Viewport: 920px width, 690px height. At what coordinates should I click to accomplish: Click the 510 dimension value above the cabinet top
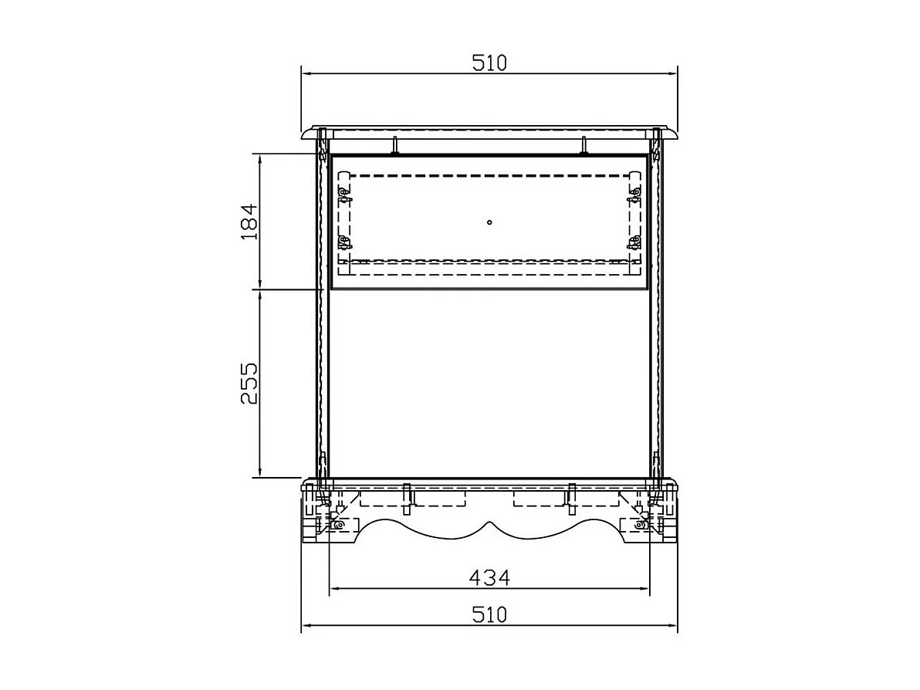click(x=489, y=63)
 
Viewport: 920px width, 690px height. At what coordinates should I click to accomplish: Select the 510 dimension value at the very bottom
click(x=489, y=615)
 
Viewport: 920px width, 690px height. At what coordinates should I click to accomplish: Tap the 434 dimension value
click(x=489, y=578)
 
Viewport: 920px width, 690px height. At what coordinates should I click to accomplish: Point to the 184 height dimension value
click(x=250, y=222)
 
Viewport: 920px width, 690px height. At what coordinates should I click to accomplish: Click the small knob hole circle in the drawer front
click(x=489, y=222)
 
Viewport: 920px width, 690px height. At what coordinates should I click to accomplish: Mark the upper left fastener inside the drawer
click(x=344, y=194)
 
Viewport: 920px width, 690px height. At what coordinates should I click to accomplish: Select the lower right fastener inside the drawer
click(x=633, y=243)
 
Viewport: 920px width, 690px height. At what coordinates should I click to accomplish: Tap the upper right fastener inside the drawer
click(x=633, y=194)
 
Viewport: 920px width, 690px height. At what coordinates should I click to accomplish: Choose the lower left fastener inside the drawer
click(x=344, y=243)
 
